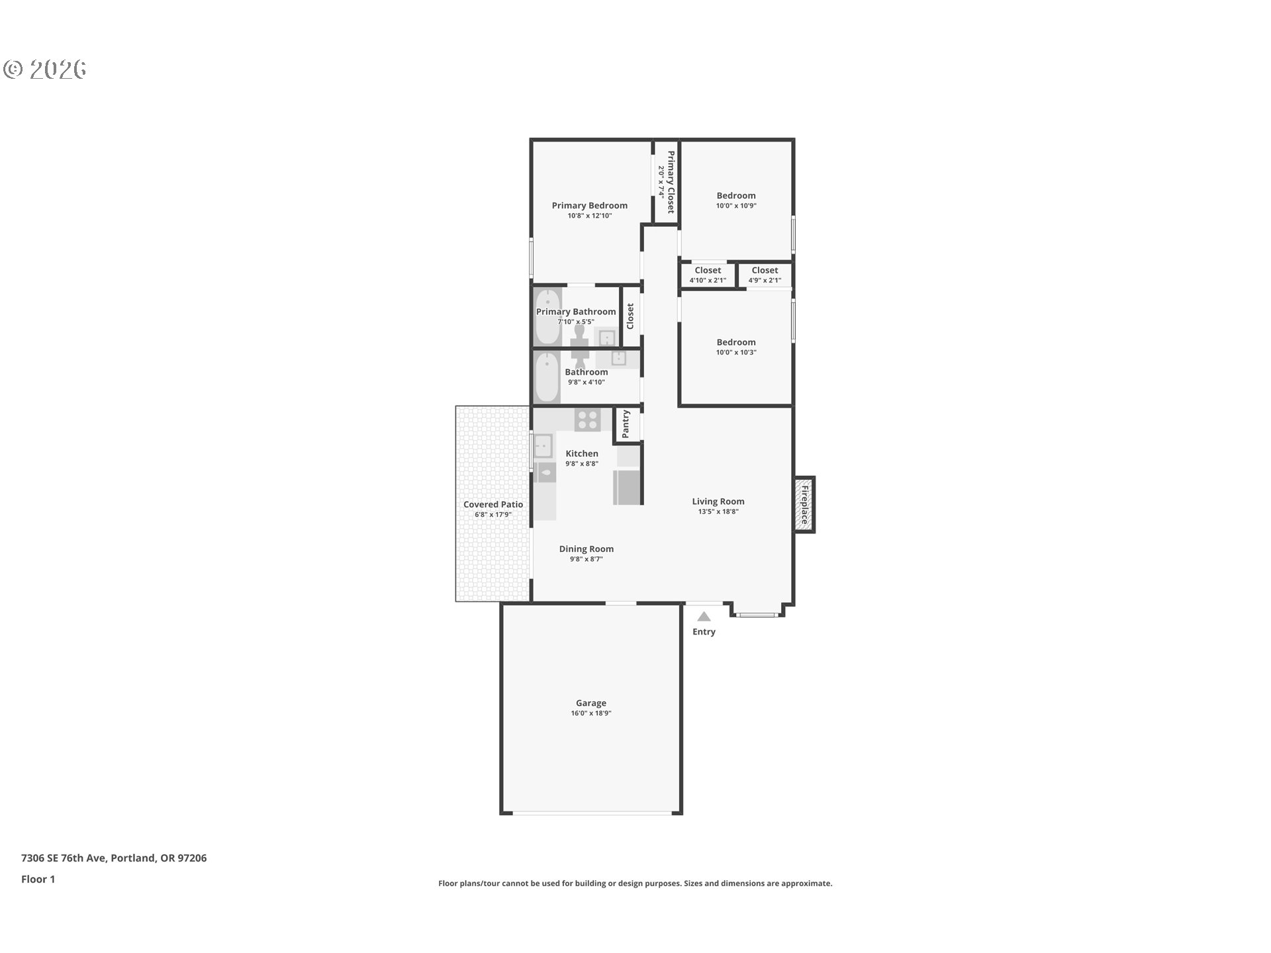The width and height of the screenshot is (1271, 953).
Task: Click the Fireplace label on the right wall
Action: pos(805,505)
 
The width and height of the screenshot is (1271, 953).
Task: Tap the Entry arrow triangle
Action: pos(704,616)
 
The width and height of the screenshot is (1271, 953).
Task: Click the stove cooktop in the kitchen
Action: pos(587,420)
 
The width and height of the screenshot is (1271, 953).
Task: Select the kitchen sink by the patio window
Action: pos(543,446)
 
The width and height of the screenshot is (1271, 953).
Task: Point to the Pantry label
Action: pos(626,424)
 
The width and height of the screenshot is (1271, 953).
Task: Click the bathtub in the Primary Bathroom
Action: pos(547,317)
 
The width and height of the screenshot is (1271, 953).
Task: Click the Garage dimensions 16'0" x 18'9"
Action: pos(591,713)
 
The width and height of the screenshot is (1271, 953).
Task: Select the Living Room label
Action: pos(718,501)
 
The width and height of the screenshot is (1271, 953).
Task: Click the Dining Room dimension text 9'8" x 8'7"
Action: pos(587,559)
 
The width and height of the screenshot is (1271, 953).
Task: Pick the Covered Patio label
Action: pos(493,504)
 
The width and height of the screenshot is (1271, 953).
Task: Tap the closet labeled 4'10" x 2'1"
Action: pos(708,275)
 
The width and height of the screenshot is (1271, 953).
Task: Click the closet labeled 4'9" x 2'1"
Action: pos(765,275)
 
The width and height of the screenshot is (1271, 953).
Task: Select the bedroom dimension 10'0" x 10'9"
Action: pos(736,206)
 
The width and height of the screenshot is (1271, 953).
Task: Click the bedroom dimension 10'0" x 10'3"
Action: pos(736,353)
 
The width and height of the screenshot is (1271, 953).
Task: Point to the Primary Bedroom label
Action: pos(590,205)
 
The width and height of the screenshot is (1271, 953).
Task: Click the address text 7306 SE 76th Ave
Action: pos(64,858)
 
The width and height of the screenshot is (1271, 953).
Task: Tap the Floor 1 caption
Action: pos(38,879)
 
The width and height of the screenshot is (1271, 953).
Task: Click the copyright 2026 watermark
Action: pos(45,69)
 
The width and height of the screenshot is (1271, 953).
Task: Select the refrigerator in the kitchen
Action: pos(627,487)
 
